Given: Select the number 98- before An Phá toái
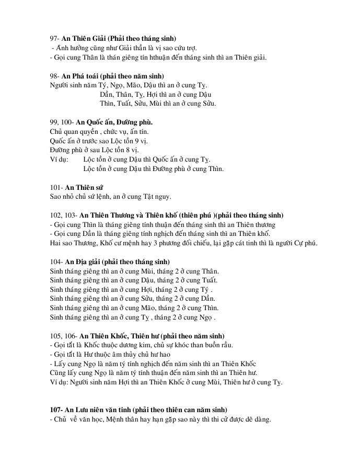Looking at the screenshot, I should [x=55, y=76].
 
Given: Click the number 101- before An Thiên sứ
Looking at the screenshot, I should [x=56, y=187].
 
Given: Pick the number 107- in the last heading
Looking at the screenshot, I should [x=56, y=410].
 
